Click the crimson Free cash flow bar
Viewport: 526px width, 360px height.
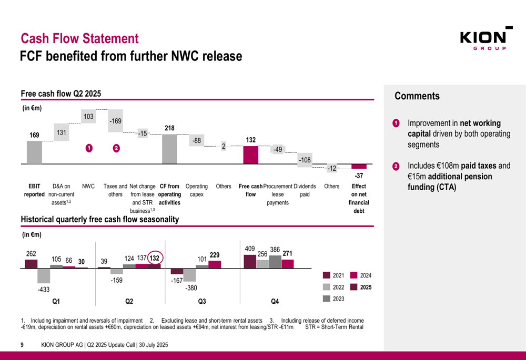pos(251,155)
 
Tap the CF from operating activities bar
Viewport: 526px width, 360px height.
pos(169,149)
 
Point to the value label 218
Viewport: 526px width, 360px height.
pos(170,128)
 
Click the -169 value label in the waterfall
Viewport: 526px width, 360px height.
pos(115,121)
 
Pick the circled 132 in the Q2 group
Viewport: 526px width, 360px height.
pos(155,258)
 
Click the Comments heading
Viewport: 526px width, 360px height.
pos(417,96)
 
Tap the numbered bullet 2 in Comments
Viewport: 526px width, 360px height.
pos(396,167)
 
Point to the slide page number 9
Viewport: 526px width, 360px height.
pos(22,345)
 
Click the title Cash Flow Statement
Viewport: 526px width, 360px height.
pos(79,38)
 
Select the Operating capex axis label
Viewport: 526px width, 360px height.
pos(197,190)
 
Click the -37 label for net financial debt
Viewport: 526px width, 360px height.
pos(359,175)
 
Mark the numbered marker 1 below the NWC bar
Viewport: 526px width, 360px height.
pos(89,149)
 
